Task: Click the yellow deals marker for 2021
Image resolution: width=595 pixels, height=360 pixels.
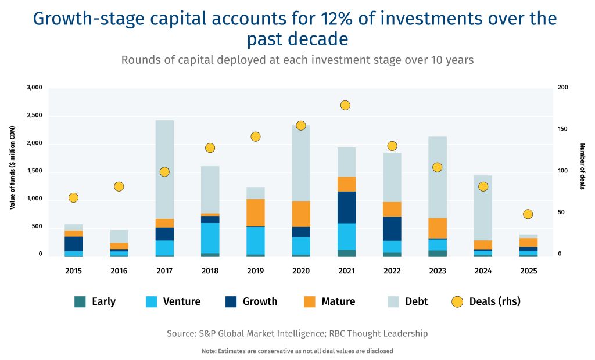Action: pos(345,105)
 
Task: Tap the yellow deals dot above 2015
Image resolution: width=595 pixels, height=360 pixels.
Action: pos(73,197)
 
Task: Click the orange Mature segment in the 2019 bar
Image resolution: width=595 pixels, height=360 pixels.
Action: pos(255,213)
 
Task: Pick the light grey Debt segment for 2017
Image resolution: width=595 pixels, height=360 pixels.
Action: pos(164,170)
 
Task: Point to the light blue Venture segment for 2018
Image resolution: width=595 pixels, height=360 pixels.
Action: pos(210,238)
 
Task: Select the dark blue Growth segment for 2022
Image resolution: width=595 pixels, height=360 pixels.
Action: pos(392,229)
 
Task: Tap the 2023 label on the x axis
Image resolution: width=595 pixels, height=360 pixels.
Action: pos(438,271)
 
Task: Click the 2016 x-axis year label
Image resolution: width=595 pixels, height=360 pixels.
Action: pos(119,271)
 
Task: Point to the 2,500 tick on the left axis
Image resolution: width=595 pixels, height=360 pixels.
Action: pos(35,116)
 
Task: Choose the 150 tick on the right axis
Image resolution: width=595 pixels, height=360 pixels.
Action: pos(562,129)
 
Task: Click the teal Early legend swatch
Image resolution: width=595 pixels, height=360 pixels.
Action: pos(80,301)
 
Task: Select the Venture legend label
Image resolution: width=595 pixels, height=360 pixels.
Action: pos(181,301)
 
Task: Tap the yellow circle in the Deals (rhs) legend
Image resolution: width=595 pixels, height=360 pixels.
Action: pos(457,301)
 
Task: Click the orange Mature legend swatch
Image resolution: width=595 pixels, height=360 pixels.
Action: pos(309,301)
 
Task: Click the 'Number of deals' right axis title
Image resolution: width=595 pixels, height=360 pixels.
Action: pos(582,166)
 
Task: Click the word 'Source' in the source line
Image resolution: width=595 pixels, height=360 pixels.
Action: pos(182,333)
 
